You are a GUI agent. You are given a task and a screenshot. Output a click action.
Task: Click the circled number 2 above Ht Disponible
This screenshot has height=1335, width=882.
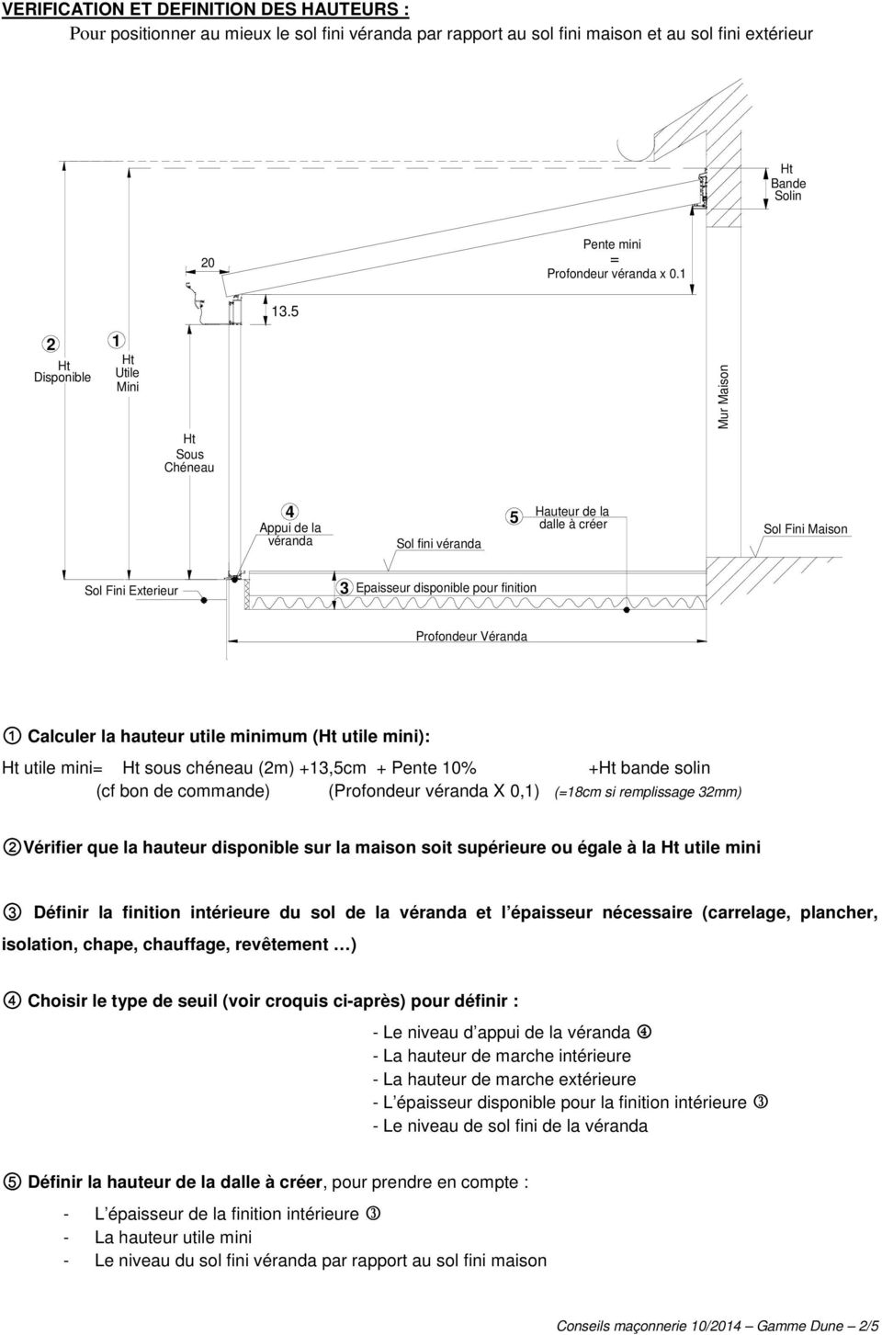51,344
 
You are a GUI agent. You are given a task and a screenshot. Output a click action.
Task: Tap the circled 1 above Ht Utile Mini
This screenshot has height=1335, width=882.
116,340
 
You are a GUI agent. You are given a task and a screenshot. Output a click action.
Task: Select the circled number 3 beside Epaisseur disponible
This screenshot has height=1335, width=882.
344,588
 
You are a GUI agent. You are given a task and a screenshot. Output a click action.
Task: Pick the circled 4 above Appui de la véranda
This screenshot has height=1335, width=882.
289,512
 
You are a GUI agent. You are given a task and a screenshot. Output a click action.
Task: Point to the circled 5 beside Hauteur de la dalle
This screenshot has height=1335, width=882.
514,516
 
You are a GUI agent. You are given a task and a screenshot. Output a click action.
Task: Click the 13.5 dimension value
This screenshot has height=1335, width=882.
285,311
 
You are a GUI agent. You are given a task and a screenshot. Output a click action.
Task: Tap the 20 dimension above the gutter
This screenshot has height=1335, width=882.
208,263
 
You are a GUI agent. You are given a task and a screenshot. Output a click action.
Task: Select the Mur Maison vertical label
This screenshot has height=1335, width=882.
723,397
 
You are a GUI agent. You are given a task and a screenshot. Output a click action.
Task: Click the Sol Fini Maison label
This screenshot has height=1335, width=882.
805,528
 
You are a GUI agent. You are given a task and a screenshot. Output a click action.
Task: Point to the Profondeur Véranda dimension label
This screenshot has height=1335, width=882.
471,636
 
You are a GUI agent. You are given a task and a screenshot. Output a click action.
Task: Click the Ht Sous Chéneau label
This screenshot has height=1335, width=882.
189,453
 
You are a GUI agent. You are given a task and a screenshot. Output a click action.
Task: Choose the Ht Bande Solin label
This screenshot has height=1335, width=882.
788,182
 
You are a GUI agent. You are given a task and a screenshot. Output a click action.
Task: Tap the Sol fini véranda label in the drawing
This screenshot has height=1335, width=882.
438,544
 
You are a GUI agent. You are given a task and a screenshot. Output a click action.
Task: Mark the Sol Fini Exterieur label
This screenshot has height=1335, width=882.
131,591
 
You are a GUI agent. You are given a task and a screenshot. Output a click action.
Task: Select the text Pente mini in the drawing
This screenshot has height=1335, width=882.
612,244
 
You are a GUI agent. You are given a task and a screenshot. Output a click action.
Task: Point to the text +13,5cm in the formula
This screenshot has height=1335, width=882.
332,767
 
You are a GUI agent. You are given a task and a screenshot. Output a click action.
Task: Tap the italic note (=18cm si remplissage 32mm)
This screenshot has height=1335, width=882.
648,792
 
